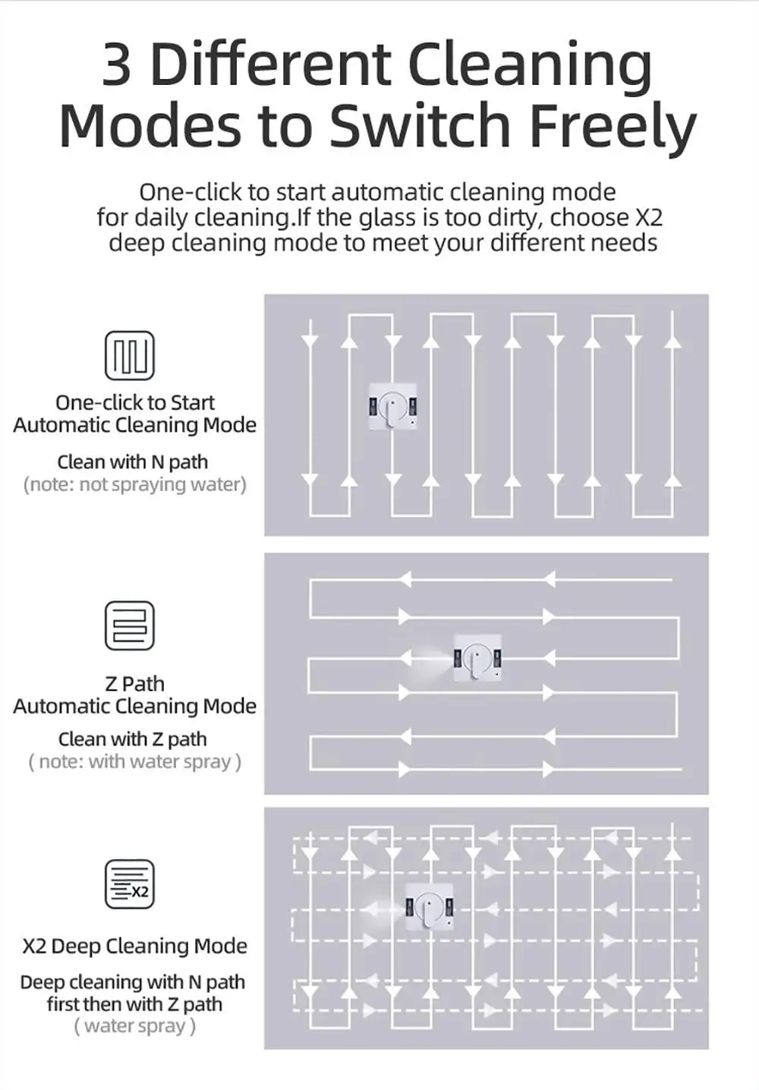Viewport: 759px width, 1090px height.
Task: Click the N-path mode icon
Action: (x=129, y=355)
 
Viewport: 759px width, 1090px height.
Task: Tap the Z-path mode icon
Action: (x=129, y=625)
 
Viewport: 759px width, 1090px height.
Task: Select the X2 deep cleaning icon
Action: (x=129, y=884)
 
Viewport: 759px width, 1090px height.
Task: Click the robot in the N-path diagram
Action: (x=392, y=407)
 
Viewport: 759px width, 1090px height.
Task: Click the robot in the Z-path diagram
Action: (x=477, y=657)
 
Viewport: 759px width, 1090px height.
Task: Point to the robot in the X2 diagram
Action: (x=430, y=906)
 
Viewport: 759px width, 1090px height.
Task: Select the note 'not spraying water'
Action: (x=135, y=484)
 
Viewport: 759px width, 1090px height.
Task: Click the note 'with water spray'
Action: (x=135, y=761)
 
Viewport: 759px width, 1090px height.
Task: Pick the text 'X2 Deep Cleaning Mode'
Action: (x=135, y=946)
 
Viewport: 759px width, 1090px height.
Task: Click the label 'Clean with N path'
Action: (x=132, y=462)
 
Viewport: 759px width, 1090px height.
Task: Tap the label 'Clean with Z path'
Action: (x=132, y=739)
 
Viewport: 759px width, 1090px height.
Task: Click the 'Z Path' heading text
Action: (x=134, y=683)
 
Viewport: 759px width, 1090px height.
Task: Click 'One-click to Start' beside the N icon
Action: (x=135, y=402)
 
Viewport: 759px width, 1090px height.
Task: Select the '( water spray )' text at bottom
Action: (x=135, y=1026)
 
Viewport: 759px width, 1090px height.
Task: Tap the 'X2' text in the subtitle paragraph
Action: (x=648, y=218)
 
